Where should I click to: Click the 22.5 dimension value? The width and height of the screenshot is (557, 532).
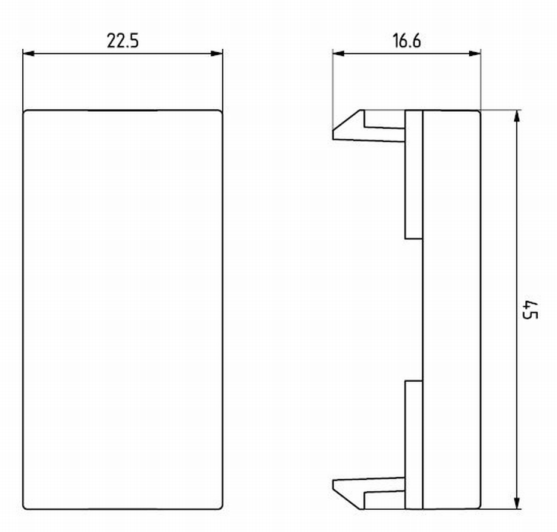[x=123, y=41]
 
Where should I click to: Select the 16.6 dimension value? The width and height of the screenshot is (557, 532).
[x=407, y=41]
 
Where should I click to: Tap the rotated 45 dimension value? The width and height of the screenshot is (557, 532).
[x=529, y=309]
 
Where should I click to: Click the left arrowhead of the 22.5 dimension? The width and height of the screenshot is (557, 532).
[x=28, y=53]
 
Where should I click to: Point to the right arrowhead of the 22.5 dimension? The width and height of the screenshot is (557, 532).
[x=217, y=53]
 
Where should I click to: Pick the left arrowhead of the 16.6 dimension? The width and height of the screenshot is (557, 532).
[x=338, y=53]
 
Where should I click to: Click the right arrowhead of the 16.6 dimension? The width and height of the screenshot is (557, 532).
[x=475, y=53]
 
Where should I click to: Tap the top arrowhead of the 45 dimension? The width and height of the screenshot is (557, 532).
[x=517, y=116]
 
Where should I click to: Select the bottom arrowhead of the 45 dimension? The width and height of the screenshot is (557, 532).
[x=517, y=503]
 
